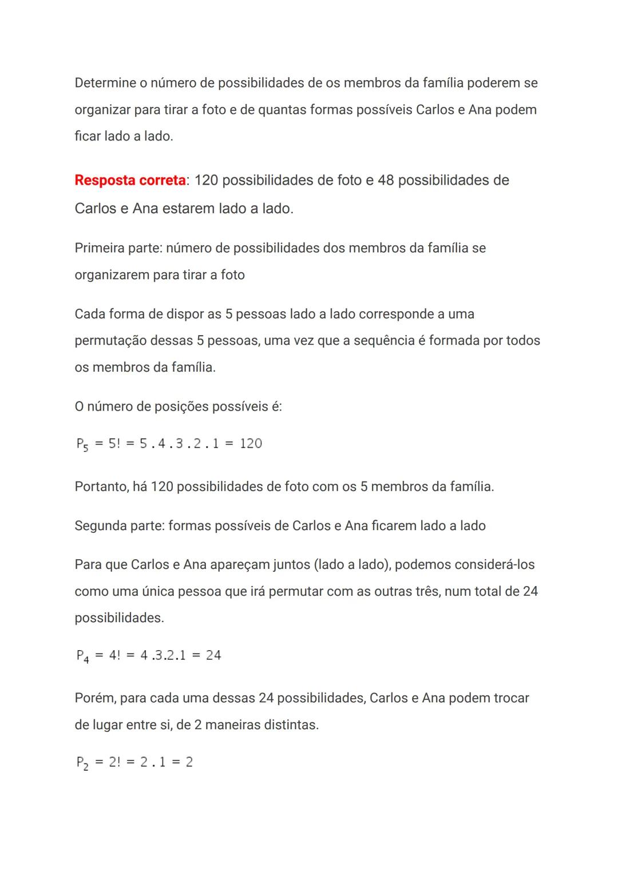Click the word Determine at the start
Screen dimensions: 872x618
point(105,83)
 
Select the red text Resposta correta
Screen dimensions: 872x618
point(130,180)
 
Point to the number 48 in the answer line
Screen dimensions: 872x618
point(386,180)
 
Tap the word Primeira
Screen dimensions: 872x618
point(99,248)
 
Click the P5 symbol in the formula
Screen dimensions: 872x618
point(82,444)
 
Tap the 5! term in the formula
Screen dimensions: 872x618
point(114,444)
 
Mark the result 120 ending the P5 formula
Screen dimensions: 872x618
point(251,444)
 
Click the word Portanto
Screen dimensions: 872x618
point(102,487)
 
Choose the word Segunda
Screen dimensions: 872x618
point(100,526)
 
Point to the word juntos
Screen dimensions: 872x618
point(291,565)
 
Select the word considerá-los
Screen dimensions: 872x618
point(465,565)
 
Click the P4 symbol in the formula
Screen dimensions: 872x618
point(82,656)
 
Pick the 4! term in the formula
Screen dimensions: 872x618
point(114,655)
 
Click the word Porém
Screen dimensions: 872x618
point(95,698)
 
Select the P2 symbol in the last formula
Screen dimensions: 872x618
point(82,763)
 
